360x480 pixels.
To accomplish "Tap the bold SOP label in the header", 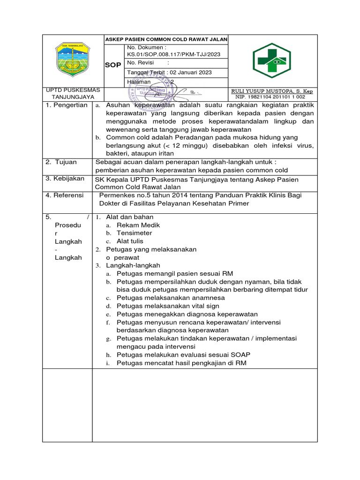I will point(113,65).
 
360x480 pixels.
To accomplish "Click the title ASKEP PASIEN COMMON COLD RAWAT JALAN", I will point(166,39).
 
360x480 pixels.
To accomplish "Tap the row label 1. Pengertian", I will point(67,105).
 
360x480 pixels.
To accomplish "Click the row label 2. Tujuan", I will point(61,162).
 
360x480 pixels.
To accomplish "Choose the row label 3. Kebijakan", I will point(65,179).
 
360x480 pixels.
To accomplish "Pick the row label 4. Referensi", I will point(65,195).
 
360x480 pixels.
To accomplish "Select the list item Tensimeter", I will point(134,233).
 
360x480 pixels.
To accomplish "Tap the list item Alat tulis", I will point(130,241).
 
